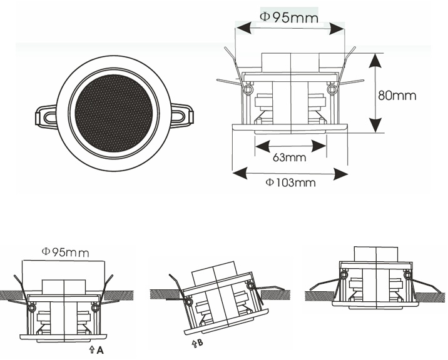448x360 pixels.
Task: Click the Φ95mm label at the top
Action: tap(289, 17)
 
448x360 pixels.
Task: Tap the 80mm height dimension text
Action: tap(397, 96)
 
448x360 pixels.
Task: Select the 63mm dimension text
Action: tap(290, 157)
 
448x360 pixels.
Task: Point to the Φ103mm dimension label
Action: tap(290, 182)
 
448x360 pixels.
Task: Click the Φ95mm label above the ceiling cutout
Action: tap(66, 252)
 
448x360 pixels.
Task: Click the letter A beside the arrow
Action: tap(99, 350)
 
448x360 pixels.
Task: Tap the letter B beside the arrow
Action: tap(200, 342)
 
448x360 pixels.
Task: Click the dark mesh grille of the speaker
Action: tap(113, 113)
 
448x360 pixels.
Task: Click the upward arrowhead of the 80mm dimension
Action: tap(375, 61)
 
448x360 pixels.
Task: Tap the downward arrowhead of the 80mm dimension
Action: tap(375, 125)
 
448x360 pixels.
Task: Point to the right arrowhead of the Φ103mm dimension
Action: tap(340, 174)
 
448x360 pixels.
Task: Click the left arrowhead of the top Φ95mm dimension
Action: tap(243, 28)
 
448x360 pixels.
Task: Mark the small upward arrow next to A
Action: tap(92, 350)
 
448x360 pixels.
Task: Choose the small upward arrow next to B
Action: tap(195, 344)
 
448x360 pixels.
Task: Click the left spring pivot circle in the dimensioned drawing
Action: tap(249, 89)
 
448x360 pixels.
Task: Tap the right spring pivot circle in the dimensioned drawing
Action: tap(332, 89)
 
